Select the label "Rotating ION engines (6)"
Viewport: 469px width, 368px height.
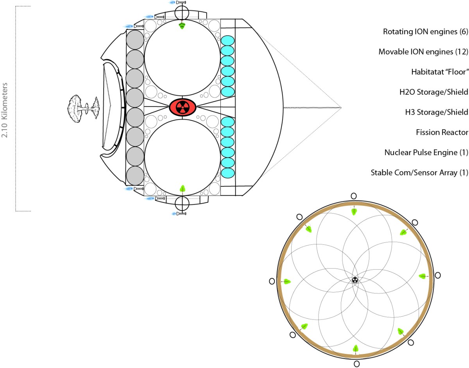click(x=425, y=32)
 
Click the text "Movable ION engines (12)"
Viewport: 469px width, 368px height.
click(x=423, y=52)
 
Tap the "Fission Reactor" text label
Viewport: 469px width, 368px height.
click(x=442, y=132)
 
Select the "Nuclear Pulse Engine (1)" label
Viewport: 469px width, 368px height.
click(x=426, y=152)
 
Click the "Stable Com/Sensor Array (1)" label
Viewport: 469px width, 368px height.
click(x=419, y=173)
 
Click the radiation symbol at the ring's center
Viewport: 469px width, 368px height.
click(x=354, y=280)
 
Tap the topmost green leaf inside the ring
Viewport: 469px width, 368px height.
click(x=354, y=211)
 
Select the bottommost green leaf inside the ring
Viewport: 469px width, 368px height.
click(x=356, y=348)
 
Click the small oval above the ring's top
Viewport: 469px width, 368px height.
click(x=354, y=196)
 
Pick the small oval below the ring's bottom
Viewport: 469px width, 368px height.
click(x=356, y=364)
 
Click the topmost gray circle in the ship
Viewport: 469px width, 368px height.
click(x=135, y=40)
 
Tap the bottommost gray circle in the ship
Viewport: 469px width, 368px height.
click(x=135, y=175)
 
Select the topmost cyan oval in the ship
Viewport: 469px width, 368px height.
click(x=227, y=41)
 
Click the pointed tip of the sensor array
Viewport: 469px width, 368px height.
click(x=341, y=107)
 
